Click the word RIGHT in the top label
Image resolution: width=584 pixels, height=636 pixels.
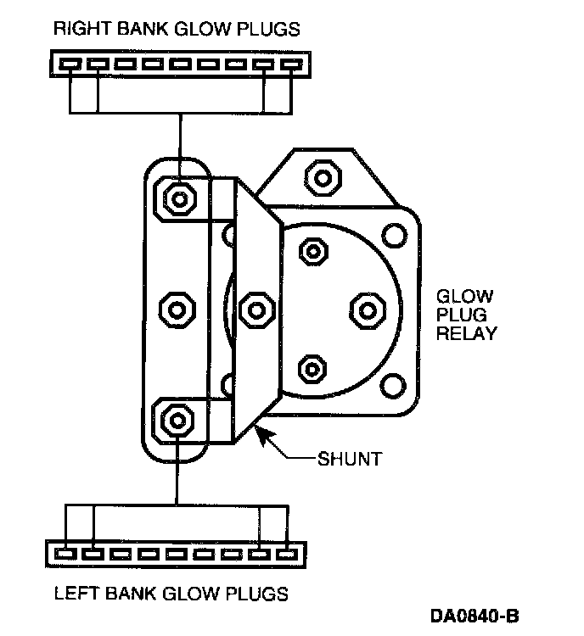77,29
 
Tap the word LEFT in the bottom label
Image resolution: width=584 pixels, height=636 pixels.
74,593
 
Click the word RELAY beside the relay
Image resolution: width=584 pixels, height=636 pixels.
466,333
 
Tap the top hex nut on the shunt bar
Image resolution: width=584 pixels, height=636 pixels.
177,198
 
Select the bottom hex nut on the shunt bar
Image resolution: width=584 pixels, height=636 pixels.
177,418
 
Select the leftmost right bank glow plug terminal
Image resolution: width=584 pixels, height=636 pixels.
71,64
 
